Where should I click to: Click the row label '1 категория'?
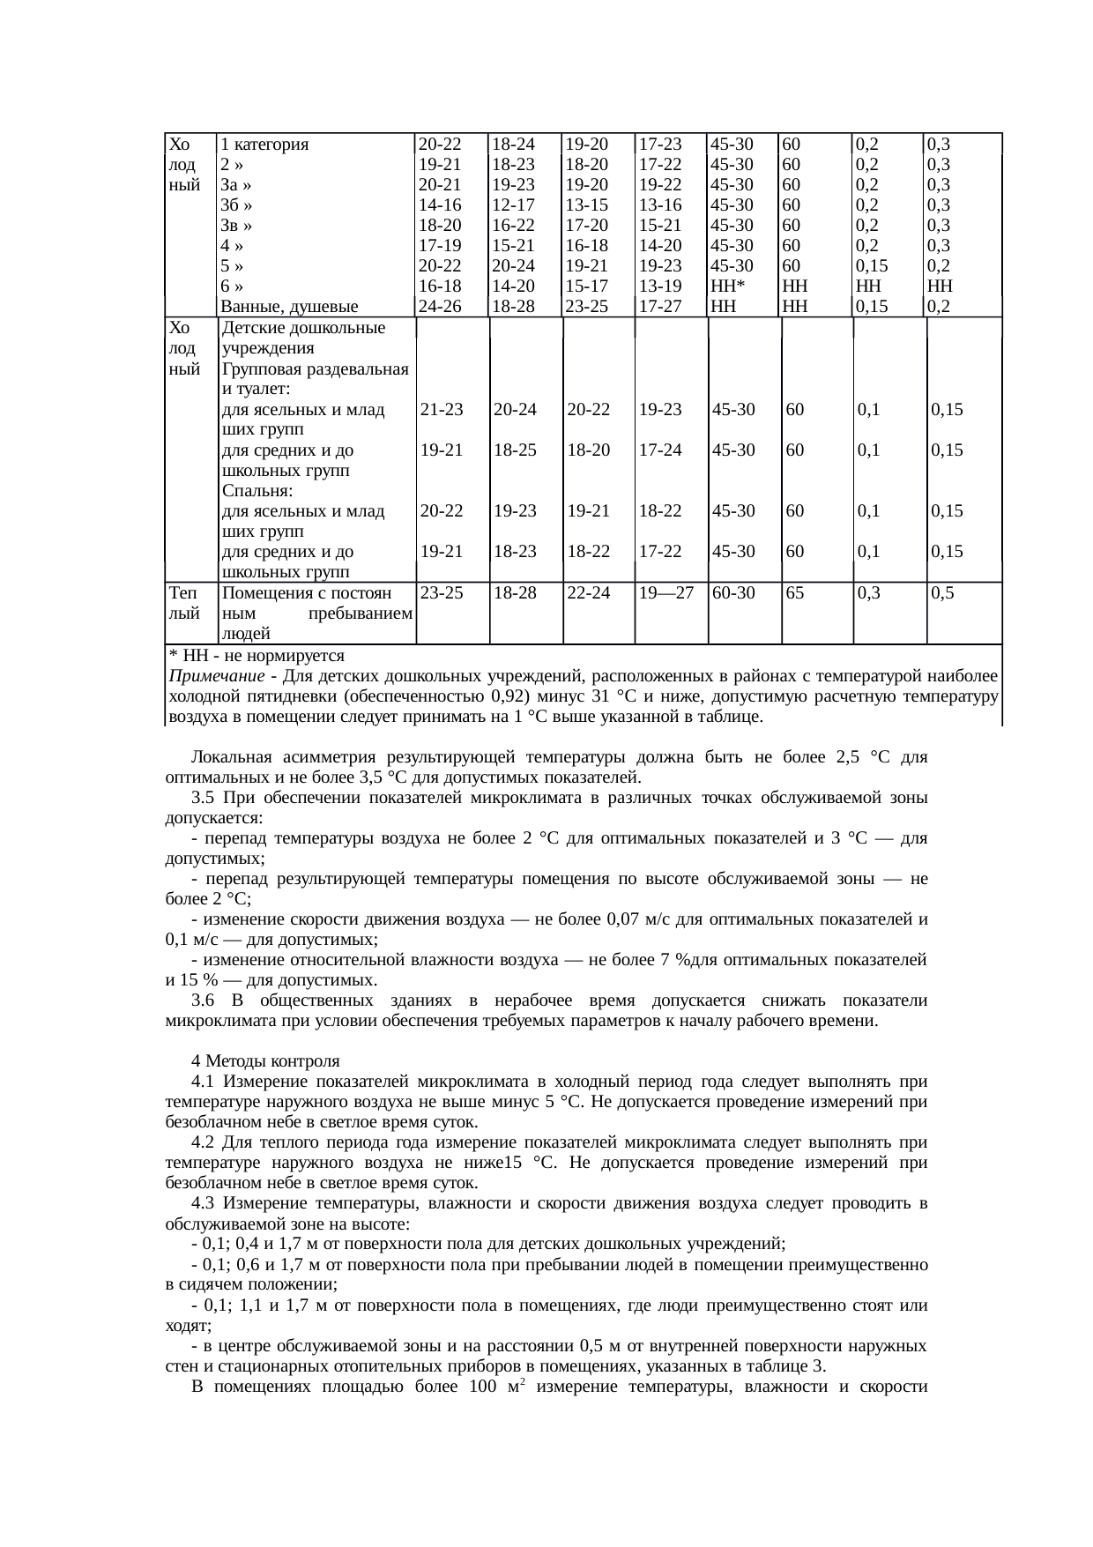click(x=264, y=145)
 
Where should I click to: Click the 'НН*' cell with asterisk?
click(x=730, y=286)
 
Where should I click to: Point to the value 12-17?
click(x=513, y=205)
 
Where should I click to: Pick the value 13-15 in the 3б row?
click(x=587, y=205)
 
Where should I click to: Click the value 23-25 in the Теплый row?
click(x=442, y=593)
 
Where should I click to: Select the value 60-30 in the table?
click(x=732, y=593)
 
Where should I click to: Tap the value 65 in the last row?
click(x=794, y=593)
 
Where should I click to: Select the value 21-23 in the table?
click(x=442, y=410)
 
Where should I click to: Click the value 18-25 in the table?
click(x=516, y=450)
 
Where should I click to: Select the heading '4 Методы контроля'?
click(x=265, y=1060)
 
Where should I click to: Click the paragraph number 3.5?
click(x=204, y=799)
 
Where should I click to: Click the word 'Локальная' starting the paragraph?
click(x=231, y=758)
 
